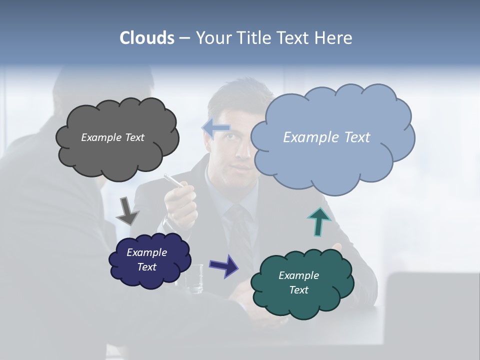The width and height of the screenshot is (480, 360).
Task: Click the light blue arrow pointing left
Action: [x=216, y=128]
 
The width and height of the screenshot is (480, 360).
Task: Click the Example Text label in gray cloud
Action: [x=112, y=137]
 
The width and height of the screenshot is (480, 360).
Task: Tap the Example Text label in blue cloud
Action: [x=326, y=137]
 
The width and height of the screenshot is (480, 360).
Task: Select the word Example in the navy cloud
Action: [x=146, y=252]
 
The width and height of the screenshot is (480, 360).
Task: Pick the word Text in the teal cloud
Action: [x=298, y=290]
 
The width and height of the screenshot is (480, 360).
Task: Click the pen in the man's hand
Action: [x=173, y=180]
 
